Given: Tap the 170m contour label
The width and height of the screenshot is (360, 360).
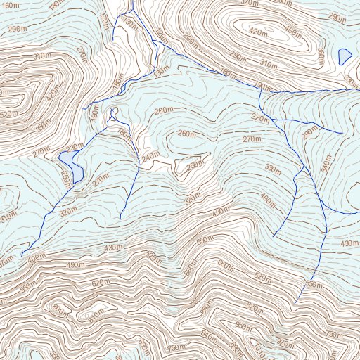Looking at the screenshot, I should click(104, 25).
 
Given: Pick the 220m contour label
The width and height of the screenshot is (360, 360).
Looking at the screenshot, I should click(259, 120).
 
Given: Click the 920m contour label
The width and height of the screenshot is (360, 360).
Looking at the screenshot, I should click(285, 343).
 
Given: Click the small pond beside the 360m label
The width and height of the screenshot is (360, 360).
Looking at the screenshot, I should click(344, 56).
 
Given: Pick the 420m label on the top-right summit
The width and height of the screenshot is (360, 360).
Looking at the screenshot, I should click(259, 32).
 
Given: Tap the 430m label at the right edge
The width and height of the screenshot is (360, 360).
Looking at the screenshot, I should click(349, 243).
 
